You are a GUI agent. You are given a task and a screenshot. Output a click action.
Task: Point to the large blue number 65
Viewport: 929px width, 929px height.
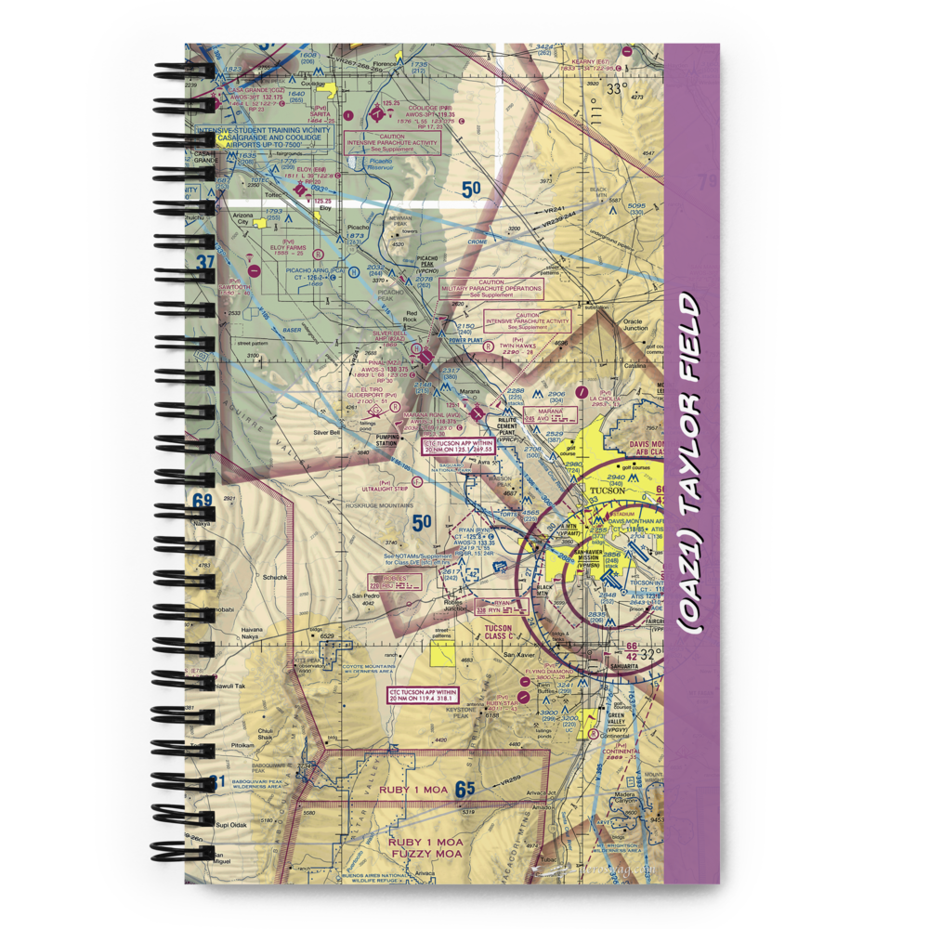coord(465,790)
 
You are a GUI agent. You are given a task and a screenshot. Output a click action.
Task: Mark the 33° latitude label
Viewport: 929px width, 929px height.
coord(617,90)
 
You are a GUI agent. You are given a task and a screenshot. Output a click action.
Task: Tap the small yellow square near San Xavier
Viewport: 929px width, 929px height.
coord(442,653)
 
